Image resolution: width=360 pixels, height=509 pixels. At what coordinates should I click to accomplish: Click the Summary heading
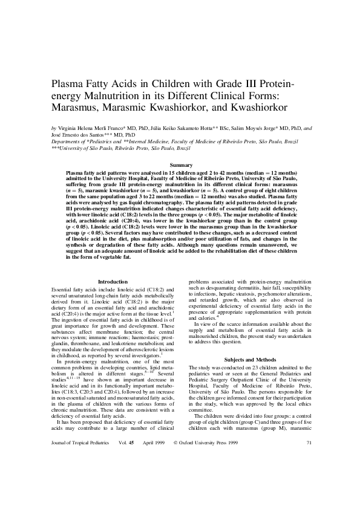(x=181, y=165)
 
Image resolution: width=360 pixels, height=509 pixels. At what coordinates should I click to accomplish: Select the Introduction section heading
(x=113, y=282)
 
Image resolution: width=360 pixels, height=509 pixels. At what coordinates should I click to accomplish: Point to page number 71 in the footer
(x=309, y=493)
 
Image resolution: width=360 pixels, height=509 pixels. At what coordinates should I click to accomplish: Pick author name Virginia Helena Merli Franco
(x=90, y=129)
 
